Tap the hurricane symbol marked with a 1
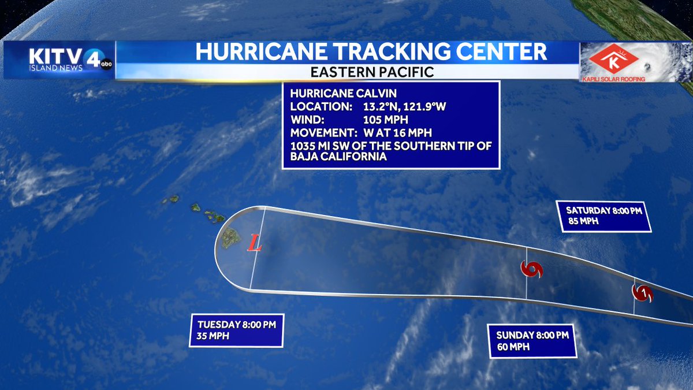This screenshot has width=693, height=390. pyautogui.click(x=643, y=294)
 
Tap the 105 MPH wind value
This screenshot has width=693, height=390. pyautogui.click(x=385, y=120)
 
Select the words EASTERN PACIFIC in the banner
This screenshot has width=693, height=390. pyautogui.click(x=371, y=72)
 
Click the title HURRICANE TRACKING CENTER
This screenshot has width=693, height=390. pyautogui.click(x=371, y=52)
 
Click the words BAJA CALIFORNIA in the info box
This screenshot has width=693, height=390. pyautogui.click(x=338, y=157)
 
